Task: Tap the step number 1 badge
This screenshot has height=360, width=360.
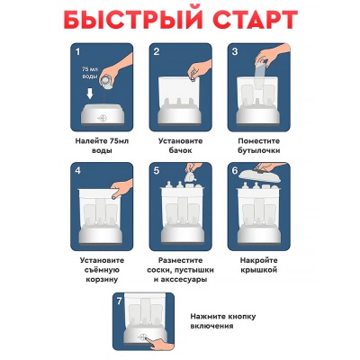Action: coord(79,51)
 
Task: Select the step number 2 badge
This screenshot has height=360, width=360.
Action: coord(157,51)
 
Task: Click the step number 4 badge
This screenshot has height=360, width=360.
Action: coord(79,171)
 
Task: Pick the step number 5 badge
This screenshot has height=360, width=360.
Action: coord(157,171)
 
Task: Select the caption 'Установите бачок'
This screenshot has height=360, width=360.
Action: coord(179,147)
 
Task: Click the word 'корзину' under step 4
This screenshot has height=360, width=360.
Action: coord(102,280)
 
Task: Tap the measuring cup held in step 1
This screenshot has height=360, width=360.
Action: coord(107,82)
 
